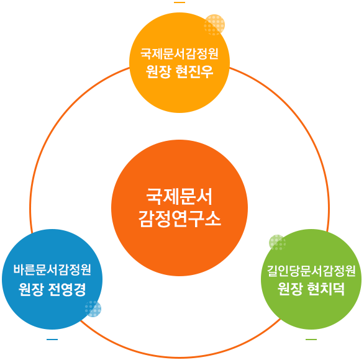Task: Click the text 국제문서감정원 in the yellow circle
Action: click(180, 54)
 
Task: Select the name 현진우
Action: click(194, 71)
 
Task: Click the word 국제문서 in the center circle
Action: click(180, 197)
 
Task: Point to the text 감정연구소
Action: click(180, 219)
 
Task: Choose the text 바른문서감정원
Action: click(52, 270)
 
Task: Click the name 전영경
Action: click(67, 289)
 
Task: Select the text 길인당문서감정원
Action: click(311, 271)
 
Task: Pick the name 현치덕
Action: click(326, 289)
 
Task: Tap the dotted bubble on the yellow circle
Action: click(214, 25)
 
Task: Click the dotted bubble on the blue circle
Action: click(93, 308)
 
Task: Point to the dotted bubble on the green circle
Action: click(278, 243)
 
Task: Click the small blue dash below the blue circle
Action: click(52, 340)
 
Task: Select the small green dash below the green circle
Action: click(311, 340)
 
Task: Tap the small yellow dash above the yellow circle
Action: click(180, 2)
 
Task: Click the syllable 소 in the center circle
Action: click(213, 219)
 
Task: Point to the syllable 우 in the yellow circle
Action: click(207, 71)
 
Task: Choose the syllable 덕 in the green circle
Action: click(339, 289)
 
